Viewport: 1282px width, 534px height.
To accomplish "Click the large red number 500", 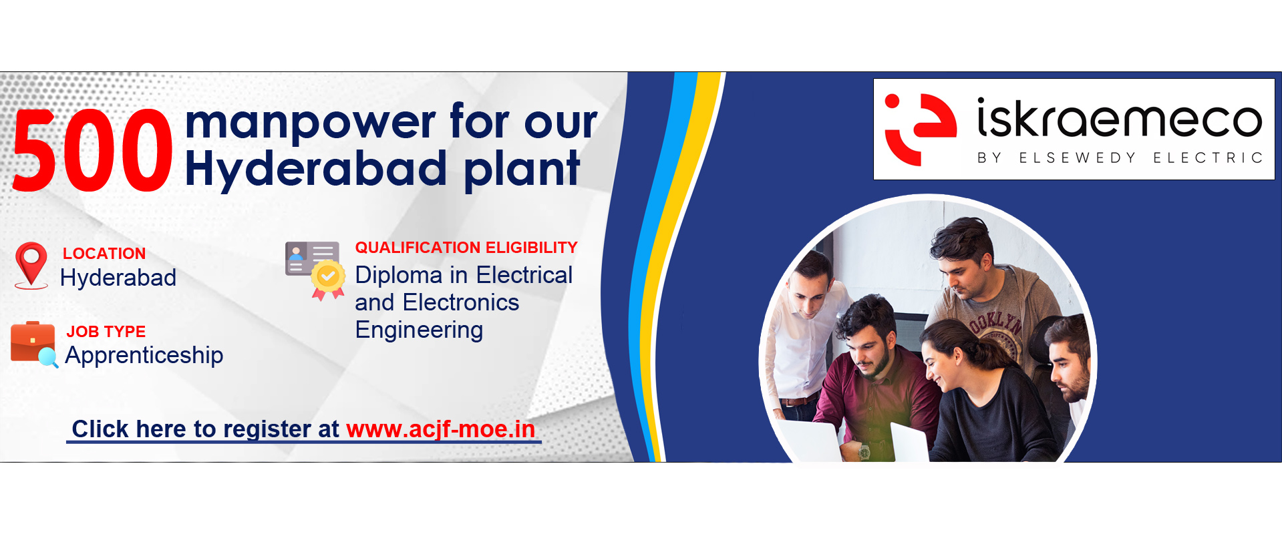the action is coord(92,150).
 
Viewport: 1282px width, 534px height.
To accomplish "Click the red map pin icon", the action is coord(31,265).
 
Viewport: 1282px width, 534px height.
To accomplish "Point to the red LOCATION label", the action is coord(104,254).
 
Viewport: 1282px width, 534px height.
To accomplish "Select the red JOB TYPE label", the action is coord(106,332).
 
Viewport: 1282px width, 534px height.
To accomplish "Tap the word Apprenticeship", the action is coord(144,356).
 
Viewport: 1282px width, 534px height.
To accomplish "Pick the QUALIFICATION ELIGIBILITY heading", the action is coord(466,248).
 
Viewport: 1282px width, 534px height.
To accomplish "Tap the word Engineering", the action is coord(419,330).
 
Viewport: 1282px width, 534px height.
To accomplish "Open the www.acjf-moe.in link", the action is coord(441,429).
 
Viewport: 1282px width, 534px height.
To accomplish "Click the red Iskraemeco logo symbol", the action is coord(920,129).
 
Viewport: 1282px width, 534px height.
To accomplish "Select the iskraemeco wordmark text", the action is coord(1120,118).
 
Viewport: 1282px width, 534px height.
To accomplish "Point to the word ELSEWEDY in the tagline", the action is coord(1077,158).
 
